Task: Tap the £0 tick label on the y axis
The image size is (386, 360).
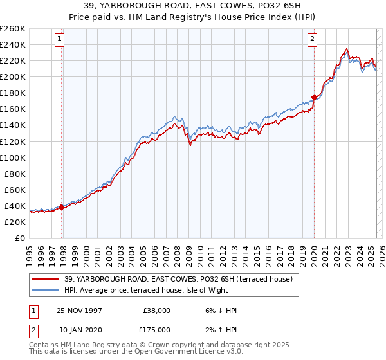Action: click(x=20, y=238)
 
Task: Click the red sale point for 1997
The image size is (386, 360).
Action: click(x=62, y=207)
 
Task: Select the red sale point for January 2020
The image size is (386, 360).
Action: click(x=314, y=98)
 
